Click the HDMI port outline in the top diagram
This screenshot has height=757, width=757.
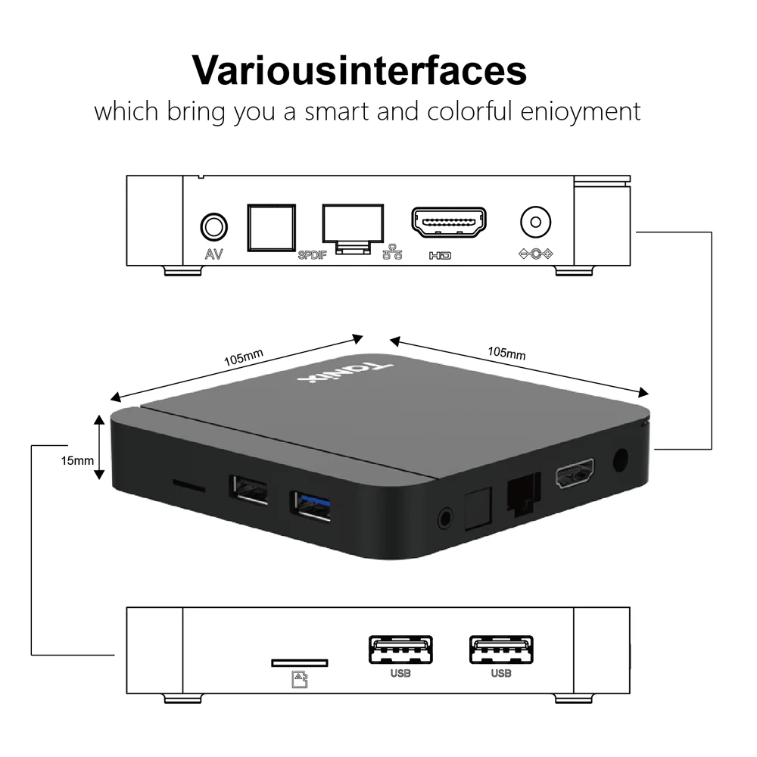coord(449,223)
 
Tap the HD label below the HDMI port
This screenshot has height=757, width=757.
coord(440,256)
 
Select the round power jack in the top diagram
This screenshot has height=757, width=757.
coord(535,223)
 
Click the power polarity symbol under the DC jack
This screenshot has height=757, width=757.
coord(535,254)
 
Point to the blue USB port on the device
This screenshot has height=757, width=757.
coord(310,506)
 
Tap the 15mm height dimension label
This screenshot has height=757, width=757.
coord(77,459)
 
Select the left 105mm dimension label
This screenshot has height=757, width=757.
coord(244,356)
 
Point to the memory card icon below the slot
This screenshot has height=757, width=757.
coord(300,681)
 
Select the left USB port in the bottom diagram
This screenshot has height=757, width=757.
coord(400,650)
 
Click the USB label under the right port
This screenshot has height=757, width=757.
coord(500,673)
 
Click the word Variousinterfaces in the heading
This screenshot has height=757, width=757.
coord(360,70)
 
